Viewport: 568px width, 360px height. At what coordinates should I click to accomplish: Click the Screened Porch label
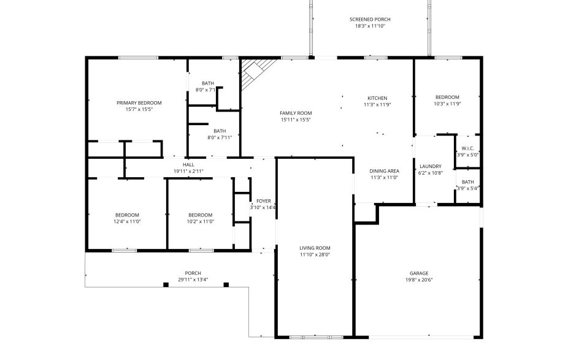tap(370, 20)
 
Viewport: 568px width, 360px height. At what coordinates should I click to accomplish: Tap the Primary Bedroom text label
tap(139, 102)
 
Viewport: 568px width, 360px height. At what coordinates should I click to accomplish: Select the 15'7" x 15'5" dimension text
tap(139, 109)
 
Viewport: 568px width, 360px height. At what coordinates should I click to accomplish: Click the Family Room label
tap(296, 113)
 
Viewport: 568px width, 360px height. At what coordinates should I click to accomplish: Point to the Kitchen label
tap(377, 98)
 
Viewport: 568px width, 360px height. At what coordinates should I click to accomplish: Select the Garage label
tap(419, 273)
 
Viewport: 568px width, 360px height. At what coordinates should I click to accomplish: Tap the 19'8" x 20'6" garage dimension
tap(419, 280)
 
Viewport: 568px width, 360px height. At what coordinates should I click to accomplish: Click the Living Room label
tap(315, 248)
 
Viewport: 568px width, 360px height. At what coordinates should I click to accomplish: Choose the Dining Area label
tap(385, 170)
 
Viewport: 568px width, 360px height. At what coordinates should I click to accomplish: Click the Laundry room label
tap(431, 166)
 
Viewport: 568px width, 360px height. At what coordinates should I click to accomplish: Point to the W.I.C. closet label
tap(467, 148)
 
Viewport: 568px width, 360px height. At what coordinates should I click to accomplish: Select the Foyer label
tap(264, 201)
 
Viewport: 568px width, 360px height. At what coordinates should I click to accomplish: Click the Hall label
tap(188, 164)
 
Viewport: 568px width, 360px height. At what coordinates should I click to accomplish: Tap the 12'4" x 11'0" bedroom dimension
tap(128, 221)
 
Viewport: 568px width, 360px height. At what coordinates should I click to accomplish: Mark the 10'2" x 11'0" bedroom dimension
tap(201, 221)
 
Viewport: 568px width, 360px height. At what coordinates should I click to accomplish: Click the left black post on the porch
tap(166, 285)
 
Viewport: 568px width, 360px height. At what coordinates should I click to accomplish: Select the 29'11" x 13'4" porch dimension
tap(193, 280)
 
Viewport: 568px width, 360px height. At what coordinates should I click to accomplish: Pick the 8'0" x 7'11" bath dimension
tap(220, 137)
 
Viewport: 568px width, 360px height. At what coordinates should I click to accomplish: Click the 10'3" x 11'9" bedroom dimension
tap(447, 104)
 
